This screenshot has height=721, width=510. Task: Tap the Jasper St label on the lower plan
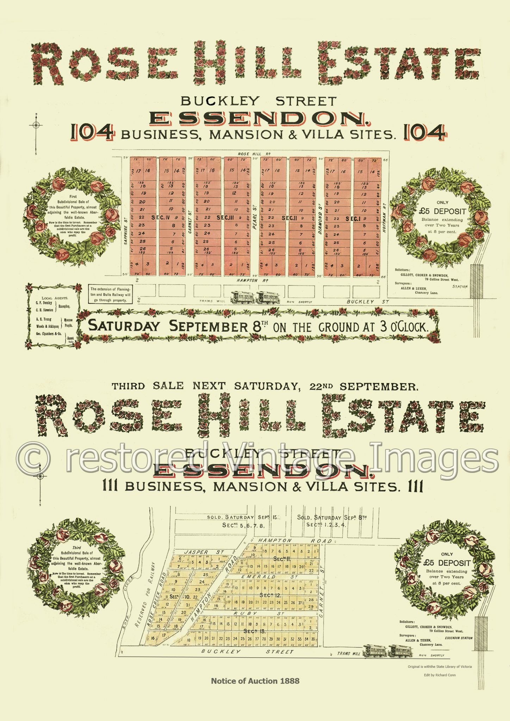[x=198, y=552]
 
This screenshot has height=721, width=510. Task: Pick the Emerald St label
[x=267, y=577]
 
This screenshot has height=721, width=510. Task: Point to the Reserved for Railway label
[x=145, y=595]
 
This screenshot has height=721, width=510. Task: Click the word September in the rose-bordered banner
[x=209, y=327]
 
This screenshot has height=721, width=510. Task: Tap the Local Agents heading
[x=55, y=298]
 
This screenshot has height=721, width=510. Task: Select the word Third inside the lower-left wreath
[x=76, y=547]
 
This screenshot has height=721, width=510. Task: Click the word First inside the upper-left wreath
[x=73, y=196]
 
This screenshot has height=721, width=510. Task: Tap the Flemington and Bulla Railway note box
[x=111, y=294]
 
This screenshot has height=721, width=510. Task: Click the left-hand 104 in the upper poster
[x=92, y=133]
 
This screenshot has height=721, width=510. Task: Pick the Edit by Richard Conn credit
[x=440, y=675]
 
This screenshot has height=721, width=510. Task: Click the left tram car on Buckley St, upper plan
[x=242, y=297]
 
